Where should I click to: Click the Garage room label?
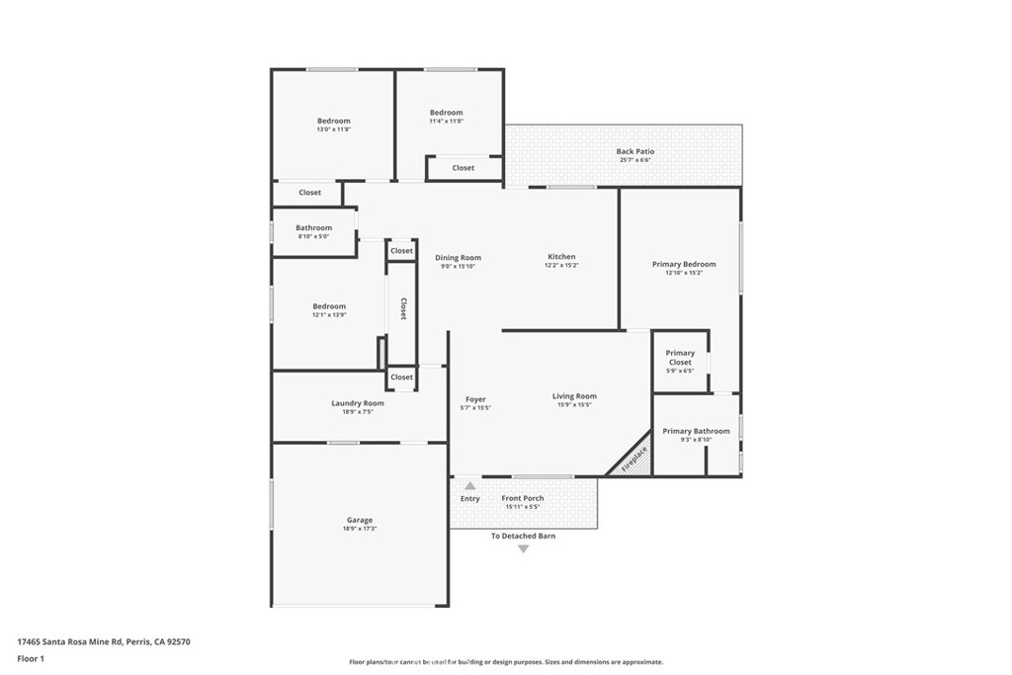click(360, 521)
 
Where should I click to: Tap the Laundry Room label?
click(358, 403)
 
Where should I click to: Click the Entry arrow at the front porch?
click(470, 486)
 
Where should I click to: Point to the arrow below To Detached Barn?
click(524, 548)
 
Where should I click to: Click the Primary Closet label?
click(680, 358)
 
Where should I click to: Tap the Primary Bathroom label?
click(696, 431)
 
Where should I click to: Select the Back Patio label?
click(635, 151)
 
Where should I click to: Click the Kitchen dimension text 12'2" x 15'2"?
click(562, 266)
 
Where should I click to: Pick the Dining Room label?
click(459, 258)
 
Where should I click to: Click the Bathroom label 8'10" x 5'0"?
click(313, 236)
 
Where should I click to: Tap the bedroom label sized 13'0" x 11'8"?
click(334, 121)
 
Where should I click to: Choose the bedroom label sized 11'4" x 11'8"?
click(447, 113)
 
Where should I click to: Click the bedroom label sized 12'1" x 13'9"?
click(330, 306)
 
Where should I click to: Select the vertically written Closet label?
click(403, 309)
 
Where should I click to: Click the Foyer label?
click(475, 399)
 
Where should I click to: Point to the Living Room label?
click(574, 396)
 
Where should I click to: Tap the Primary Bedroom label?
click(684, 264)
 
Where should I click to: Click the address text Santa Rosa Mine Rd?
click(103, 641)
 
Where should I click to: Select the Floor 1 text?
click(31, 658)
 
